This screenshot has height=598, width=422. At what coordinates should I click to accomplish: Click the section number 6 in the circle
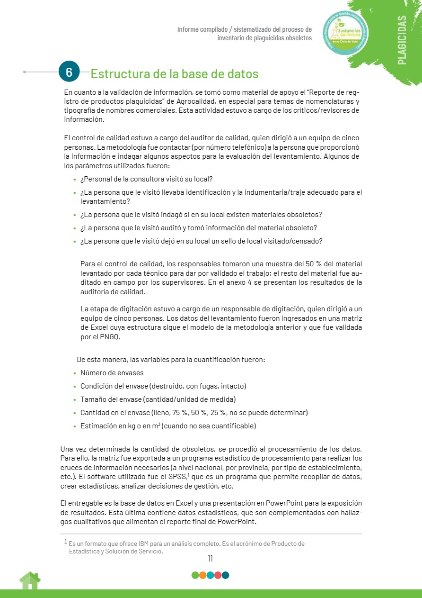tap(69, 72)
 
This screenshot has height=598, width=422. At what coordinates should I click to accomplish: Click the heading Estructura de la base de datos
tap(174, 74)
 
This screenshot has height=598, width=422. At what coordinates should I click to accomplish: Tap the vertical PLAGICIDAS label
tap(402, 40)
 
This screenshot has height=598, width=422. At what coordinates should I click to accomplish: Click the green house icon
tap(30, 580)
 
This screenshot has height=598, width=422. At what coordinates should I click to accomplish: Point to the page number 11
tap(211, 559)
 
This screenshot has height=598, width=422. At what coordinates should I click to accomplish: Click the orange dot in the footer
tap(202, 575)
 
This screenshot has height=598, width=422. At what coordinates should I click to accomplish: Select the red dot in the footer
tap(218, 575)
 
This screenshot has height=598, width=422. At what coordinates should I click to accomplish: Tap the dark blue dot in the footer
tap(225, 575)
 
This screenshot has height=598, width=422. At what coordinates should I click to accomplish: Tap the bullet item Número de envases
tap(112, 373)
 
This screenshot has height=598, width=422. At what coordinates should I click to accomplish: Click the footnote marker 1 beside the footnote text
tap(65, 541)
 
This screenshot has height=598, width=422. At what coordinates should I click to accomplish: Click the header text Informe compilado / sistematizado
tap(244, 29)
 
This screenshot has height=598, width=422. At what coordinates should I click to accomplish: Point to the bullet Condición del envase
tap(163, 386)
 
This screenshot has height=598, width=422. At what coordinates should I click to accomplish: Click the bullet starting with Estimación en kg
tap(168, 426)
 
